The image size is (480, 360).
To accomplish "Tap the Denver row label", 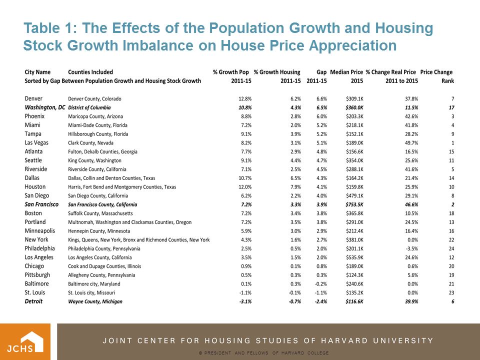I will [x=33, y=98].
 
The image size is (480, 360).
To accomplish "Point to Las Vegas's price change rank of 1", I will [x=452, y=142].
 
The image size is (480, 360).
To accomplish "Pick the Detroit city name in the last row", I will [x=33, y=301].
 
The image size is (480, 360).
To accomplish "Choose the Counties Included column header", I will [x=90, y=72].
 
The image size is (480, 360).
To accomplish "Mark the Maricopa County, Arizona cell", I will [x=95, y=116].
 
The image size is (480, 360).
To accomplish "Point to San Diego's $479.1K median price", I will [x=352, y=195].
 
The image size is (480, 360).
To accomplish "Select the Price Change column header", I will [x=436, y=72].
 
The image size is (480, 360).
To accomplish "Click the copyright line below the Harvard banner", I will [x=263, y=353].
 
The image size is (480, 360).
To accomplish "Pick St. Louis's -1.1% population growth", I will [x=243, y=292].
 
